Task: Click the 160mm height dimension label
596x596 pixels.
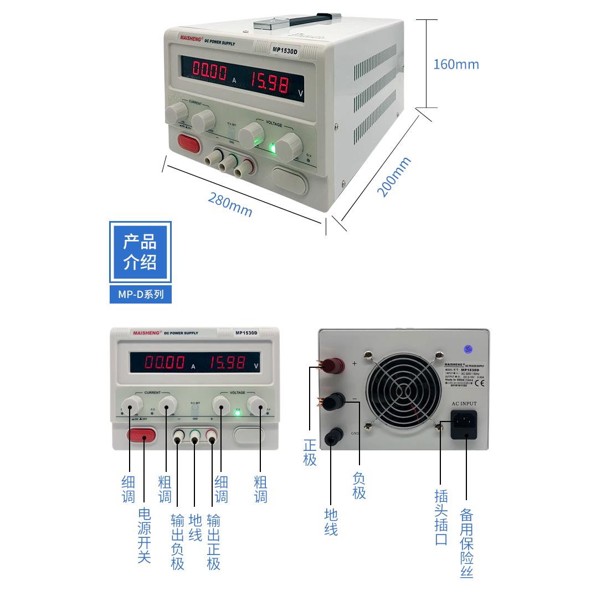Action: click(455, 64)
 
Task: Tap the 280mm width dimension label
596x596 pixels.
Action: click(230, 204)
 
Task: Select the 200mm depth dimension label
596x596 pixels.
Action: click(394, 177)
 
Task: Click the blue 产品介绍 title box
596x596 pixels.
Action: click(140, 252)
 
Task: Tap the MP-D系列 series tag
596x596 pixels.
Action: click(141, 294)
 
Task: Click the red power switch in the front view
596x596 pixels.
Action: click(141, 435)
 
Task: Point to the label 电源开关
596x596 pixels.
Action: click(144, 535)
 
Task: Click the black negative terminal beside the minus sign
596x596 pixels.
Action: click(333, 400)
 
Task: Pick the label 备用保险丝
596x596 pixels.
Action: click(466, 543)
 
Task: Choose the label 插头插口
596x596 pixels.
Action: click(441, 517)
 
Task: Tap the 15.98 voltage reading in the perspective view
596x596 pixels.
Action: click(270, 83)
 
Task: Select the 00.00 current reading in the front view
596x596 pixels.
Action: click(165, 363)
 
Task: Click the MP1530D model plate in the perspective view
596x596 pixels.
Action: click(285, 50)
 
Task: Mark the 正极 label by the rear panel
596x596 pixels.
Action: click(310, 452)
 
